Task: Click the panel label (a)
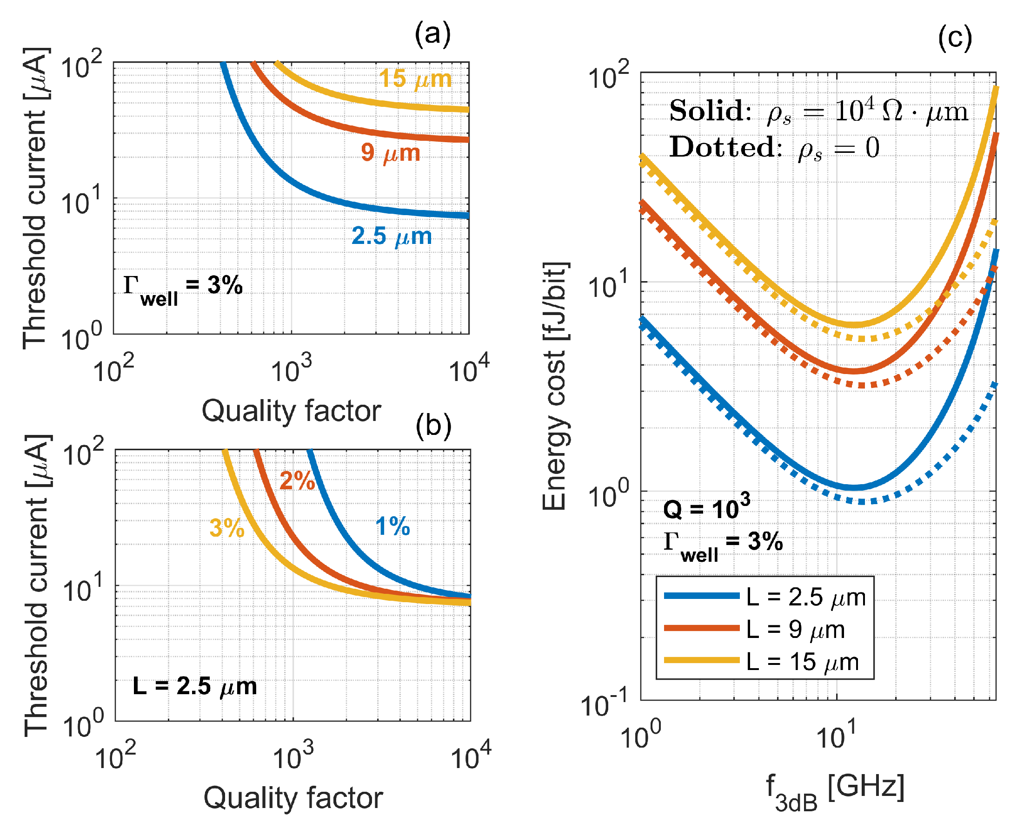(x=432, y=35)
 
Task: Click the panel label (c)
(x=955, y=38)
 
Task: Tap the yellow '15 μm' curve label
(x=415, y=79)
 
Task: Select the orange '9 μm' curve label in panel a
(x=390, y=152)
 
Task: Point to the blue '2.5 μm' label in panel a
(x=392, y=236)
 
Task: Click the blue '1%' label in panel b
(x=392, y=526)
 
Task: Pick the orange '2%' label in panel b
(x=297, y=481)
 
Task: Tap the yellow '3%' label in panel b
(x=226, y=528)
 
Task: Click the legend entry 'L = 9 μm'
(x=795, y=630)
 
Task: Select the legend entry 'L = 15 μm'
(x=802, y=662)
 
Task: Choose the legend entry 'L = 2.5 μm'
(x=805, y=597)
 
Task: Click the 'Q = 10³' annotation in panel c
(x=706, y=507)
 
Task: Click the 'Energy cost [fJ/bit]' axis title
(x=555, y=386)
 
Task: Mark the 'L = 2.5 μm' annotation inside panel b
(x=195, y=687)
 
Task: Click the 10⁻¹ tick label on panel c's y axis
(x=603, y=705)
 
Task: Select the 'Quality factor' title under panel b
(x=293, y=798)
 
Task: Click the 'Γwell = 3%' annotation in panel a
(x=183, y=289)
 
